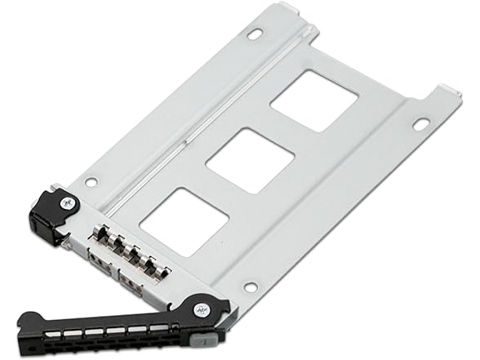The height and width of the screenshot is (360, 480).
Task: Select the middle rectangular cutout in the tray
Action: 250,161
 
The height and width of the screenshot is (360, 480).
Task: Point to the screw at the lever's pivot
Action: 200,310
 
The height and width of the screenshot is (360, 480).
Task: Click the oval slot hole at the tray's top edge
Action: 255,33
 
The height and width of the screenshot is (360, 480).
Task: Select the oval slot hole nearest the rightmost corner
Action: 420,124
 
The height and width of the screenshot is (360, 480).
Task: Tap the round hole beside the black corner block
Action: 91,182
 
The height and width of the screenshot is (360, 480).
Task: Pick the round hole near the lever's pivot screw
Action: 251,287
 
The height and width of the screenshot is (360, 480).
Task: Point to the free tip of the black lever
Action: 24,319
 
